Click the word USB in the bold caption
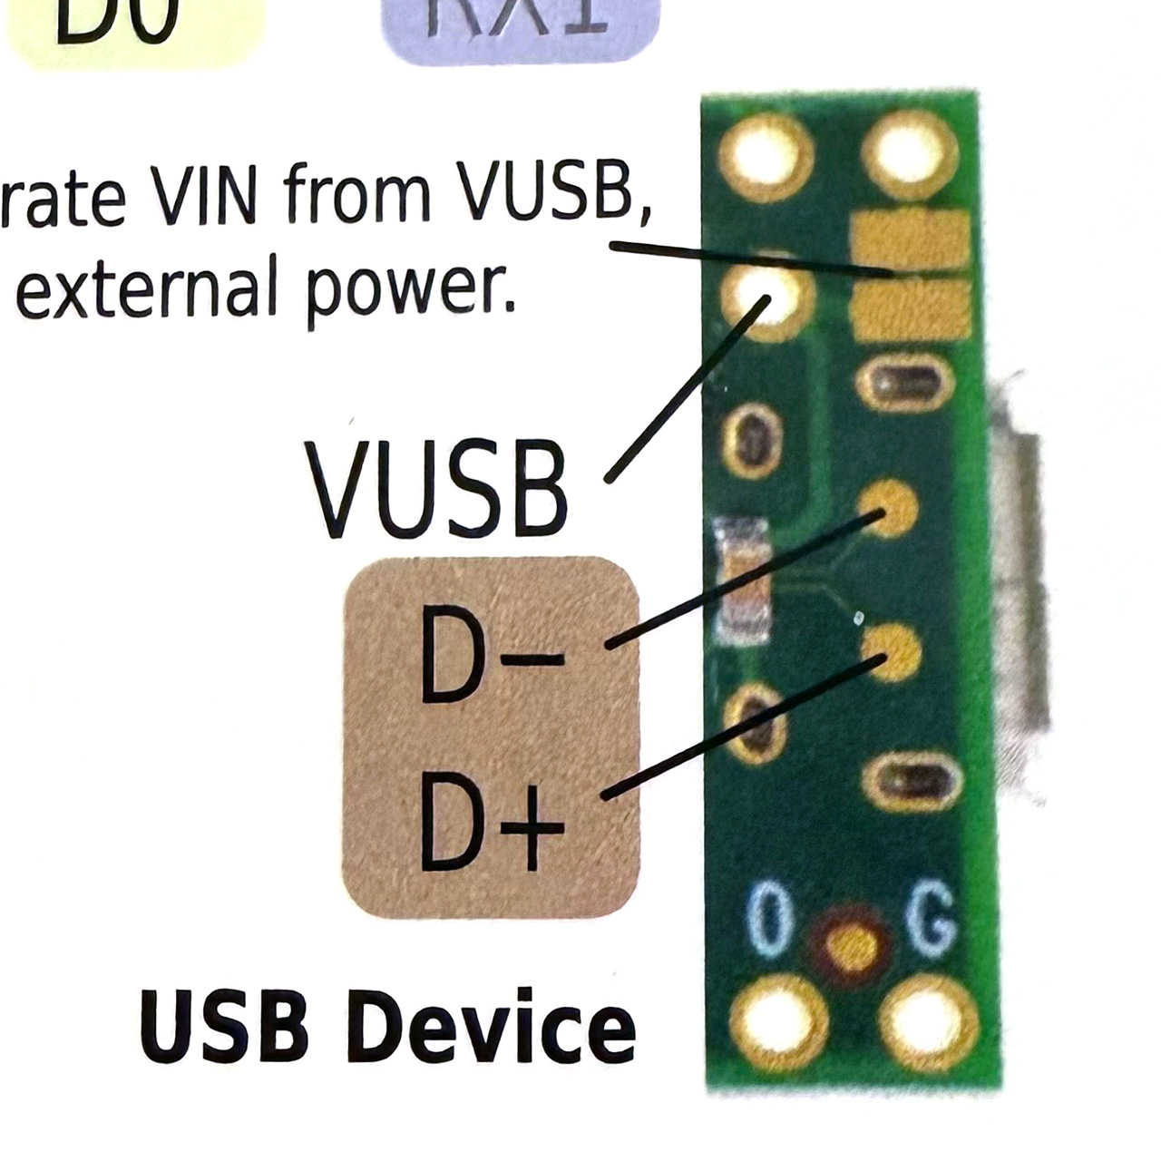pos(223,1028)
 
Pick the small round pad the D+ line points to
pos(891,652)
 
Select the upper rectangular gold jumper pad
pos(911,241)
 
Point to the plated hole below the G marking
pos(931,1025)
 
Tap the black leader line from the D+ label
pos(744,726)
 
